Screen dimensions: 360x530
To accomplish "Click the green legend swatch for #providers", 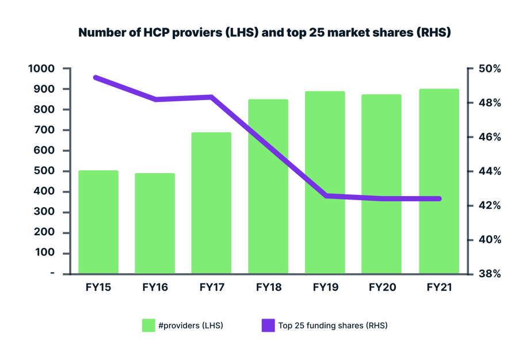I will pos(148,325).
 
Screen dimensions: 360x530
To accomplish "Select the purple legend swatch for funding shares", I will pos(267,325).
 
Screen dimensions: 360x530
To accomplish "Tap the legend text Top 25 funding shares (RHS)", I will pos(333,325).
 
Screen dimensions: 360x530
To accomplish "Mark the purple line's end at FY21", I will pos(439,198).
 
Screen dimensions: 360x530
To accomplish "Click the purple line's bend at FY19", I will pos(326,196).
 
